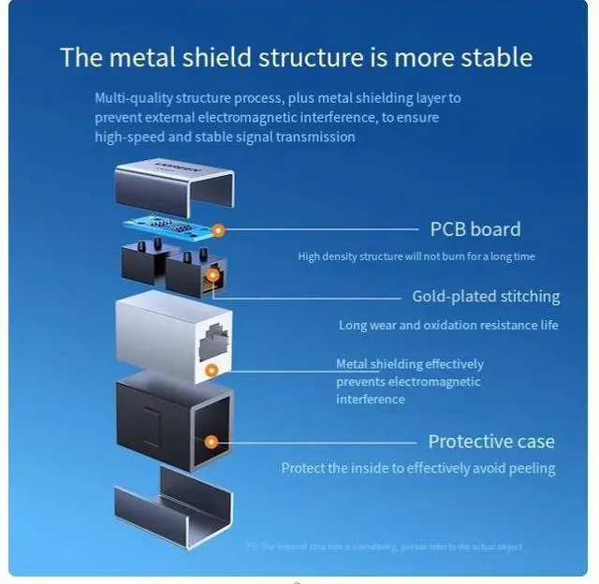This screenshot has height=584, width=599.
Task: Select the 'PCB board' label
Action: (x=475, y=229)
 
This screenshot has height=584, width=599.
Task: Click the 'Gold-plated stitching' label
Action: (x=486, y=297)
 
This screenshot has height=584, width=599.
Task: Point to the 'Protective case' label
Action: (x=490, y=441)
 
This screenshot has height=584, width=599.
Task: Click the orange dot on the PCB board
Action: (x=218, y=229)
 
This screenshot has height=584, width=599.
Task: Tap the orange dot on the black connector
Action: (x=213, y=275)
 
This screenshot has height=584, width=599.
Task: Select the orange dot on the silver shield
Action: (x=212, y=370)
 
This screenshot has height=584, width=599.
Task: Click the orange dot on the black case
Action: (x=212, y=441)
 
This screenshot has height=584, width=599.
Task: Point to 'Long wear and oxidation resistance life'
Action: (x=448, y=326)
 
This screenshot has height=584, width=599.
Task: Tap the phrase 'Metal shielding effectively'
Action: (x=410, y=364)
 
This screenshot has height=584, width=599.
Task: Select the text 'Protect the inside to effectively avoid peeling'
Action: (x=418, y=468)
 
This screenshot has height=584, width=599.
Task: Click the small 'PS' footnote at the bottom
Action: (x=252, y=547)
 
